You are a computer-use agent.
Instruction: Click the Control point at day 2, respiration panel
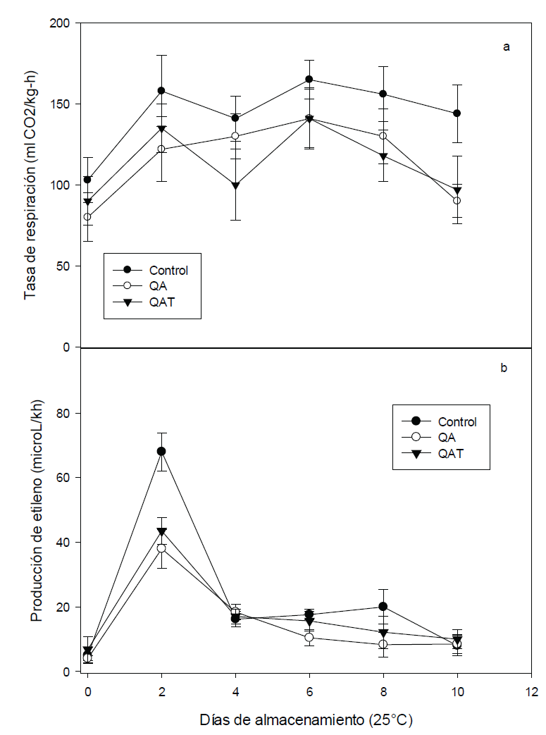coord(161,91)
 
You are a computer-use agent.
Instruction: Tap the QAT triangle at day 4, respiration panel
coord(235,186)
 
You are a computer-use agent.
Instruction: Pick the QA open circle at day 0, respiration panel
coord(87,217)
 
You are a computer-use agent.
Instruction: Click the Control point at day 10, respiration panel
coord(457,113)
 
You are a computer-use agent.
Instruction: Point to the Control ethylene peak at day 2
coord(161,451)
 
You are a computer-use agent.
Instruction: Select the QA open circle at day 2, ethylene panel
coord(161,548)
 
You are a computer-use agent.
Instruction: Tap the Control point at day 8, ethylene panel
coord(383,607)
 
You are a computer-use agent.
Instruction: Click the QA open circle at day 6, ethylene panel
coord(309,638)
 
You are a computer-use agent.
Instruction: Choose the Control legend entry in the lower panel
coord(457,422)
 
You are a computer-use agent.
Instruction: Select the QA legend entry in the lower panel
coord(449,438)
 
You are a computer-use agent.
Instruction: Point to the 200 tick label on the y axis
coord(63,24)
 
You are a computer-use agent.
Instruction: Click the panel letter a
coord(506,47)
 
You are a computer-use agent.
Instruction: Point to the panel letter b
coord(504,367)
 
